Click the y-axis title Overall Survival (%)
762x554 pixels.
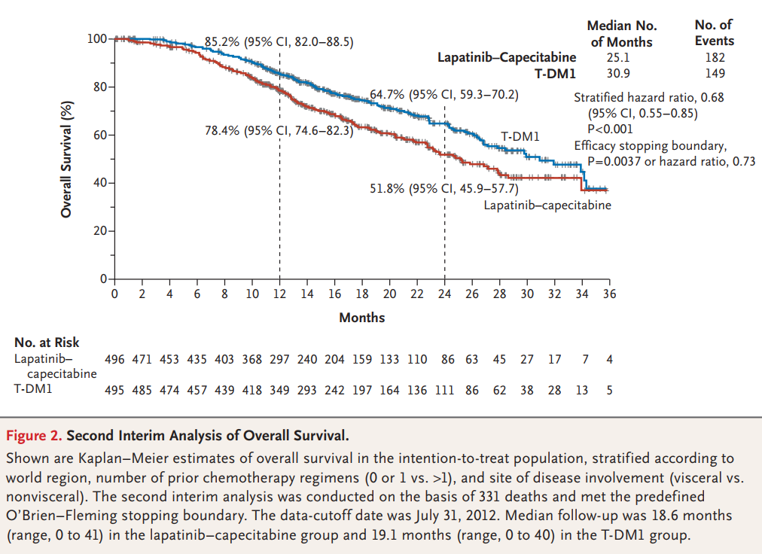[x=67, y=158]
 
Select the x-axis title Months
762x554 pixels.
[x=361, y=318]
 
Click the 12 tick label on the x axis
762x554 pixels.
[x=279, y=294]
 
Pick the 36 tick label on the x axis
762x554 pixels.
[x=609, y=294]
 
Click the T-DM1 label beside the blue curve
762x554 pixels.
[x=520, y=137]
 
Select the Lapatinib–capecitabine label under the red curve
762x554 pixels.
[x=547, y=204]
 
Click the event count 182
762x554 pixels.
[x=715, y=57]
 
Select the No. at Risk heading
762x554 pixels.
[x=47, y=343]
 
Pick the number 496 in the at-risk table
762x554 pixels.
[x=114, y=359]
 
